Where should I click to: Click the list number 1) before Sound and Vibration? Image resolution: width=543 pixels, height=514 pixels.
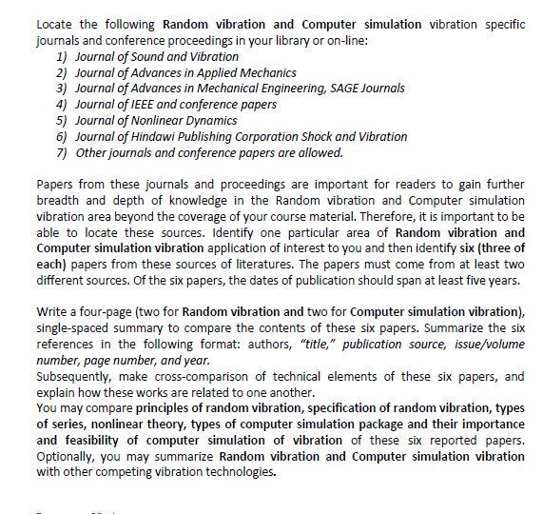tap(62, 56)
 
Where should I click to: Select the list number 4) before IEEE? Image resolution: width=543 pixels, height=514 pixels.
tap(62, 104)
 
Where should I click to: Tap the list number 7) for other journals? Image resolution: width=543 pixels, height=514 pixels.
tap(62, 152)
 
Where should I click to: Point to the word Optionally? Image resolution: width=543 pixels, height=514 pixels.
tap(65, 457)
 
